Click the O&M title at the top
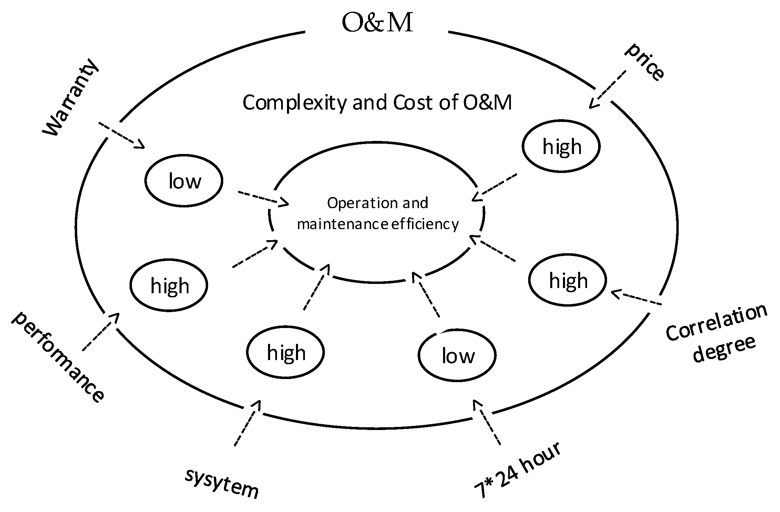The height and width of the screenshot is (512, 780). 377,23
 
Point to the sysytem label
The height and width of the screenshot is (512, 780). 222,484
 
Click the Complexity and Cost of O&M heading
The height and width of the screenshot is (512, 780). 377,103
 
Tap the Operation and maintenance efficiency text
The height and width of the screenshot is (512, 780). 378,213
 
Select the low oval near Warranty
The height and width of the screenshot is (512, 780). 184,181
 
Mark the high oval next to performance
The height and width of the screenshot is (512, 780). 169,285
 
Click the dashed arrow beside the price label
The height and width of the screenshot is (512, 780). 607,89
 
